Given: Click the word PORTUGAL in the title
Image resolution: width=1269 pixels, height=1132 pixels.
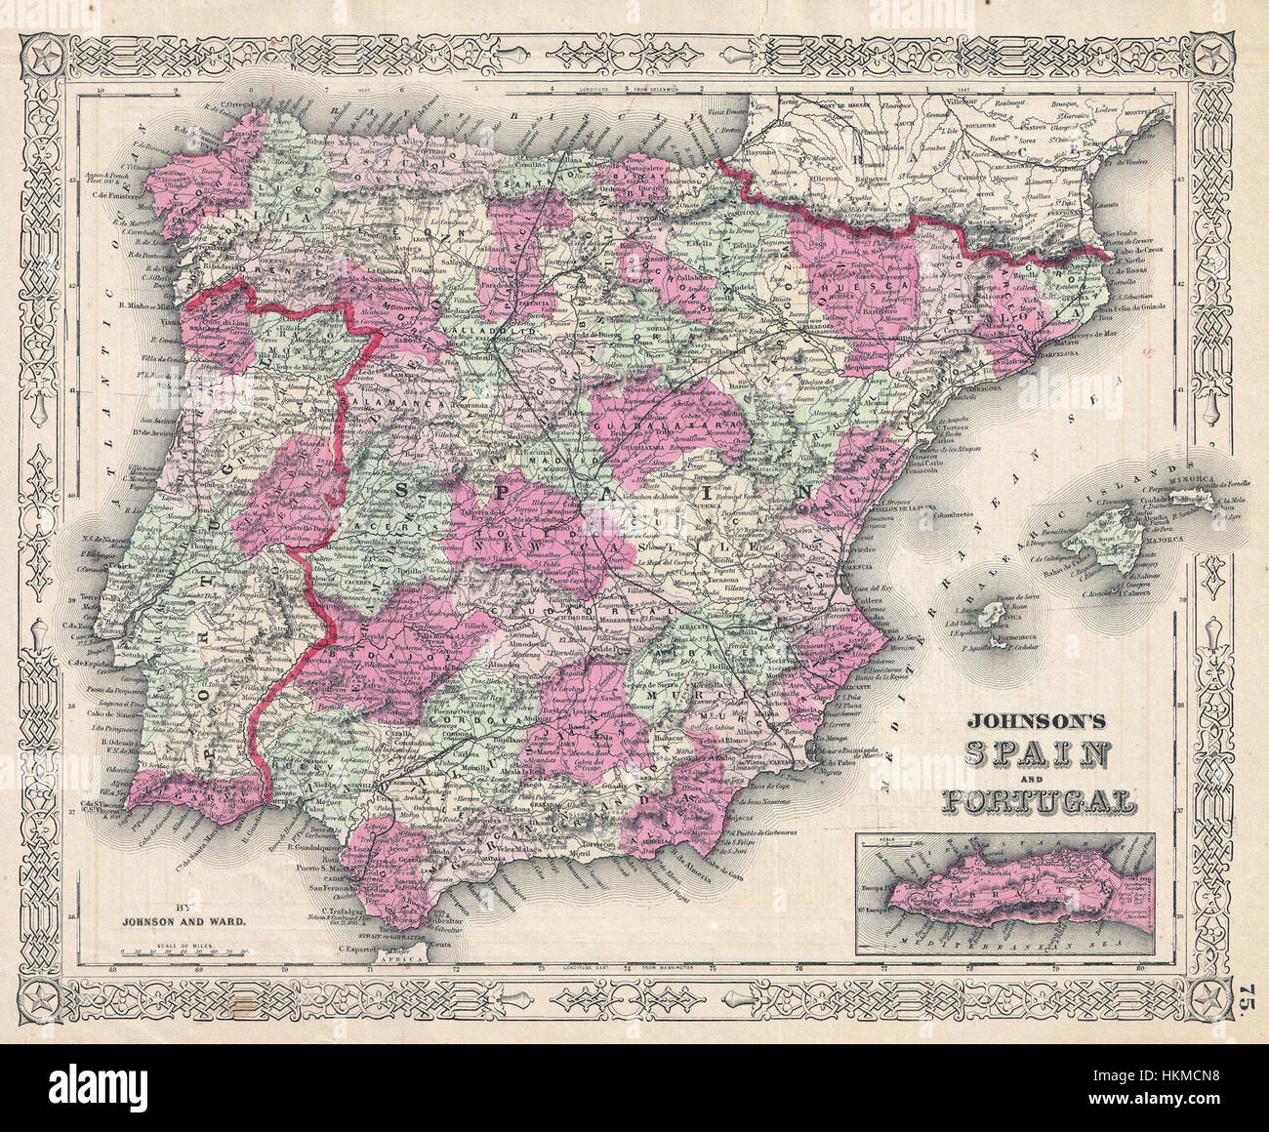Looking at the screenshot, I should tap(1038, 802).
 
